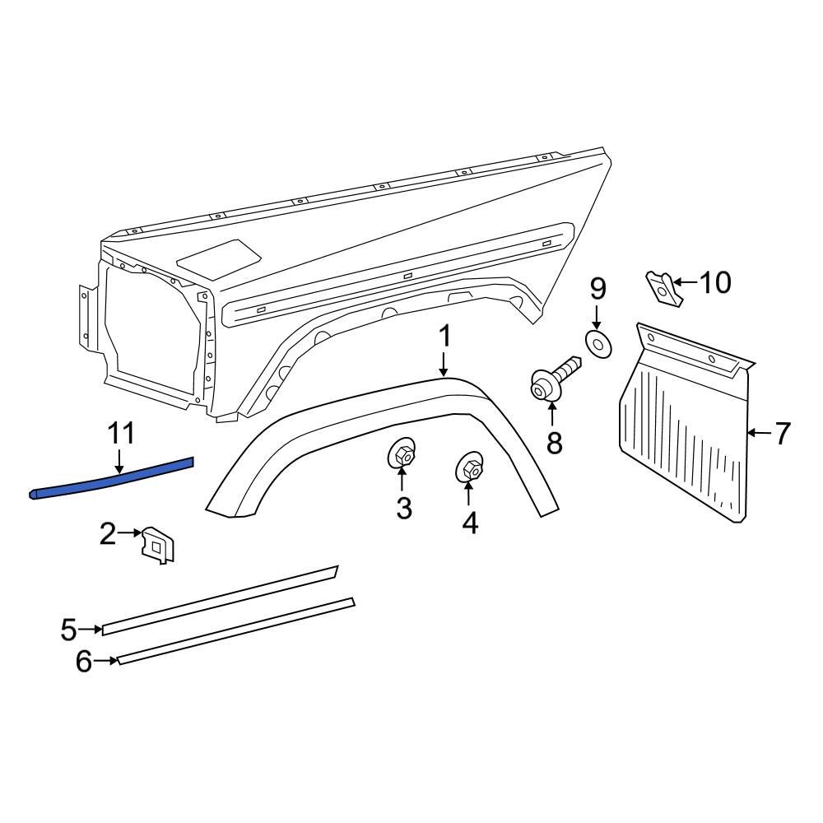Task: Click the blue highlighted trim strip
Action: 111,479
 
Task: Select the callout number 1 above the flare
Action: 444,336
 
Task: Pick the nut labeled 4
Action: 469,470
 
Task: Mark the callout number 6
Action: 84,661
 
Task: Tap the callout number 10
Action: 714,283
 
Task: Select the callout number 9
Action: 598,289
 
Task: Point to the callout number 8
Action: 554,444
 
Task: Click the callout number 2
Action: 108,534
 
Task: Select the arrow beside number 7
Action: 759,432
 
